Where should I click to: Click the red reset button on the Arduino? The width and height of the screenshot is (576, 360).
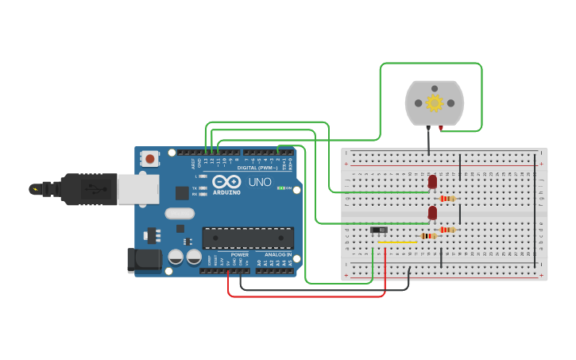click(x=150, y=159)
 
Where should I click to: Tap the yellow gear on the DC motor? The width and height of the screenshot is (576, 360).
click(x=435, y=103)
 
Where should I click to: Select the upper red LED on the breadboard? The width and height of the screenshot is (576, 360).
click(x=432, y=182)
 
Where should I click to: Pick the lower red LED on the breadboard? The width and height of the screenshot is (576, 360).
click(x=432, y=213)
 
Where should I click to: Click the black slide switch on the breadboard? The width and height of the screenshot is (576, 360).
click(x=380, y=230)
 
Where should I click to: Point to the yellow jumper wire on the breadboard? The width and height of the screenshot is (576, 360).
click(x=397, y=242)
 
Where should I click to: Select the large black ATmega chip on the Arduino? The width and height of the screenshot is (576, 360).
click(x=248, y=238)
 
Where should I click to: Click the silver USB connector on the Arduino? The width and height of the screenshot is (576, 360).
click(x=137, y=189)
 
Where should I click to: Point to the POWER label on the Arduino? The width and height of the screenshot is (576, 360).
click(x=239, y=254)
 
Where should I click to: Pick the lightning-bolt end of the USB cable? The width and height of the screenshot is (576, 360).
click(x=35, y=189)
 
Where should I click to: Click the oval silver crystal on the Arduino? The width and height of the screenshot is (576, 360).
click(x=180, y=213)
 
